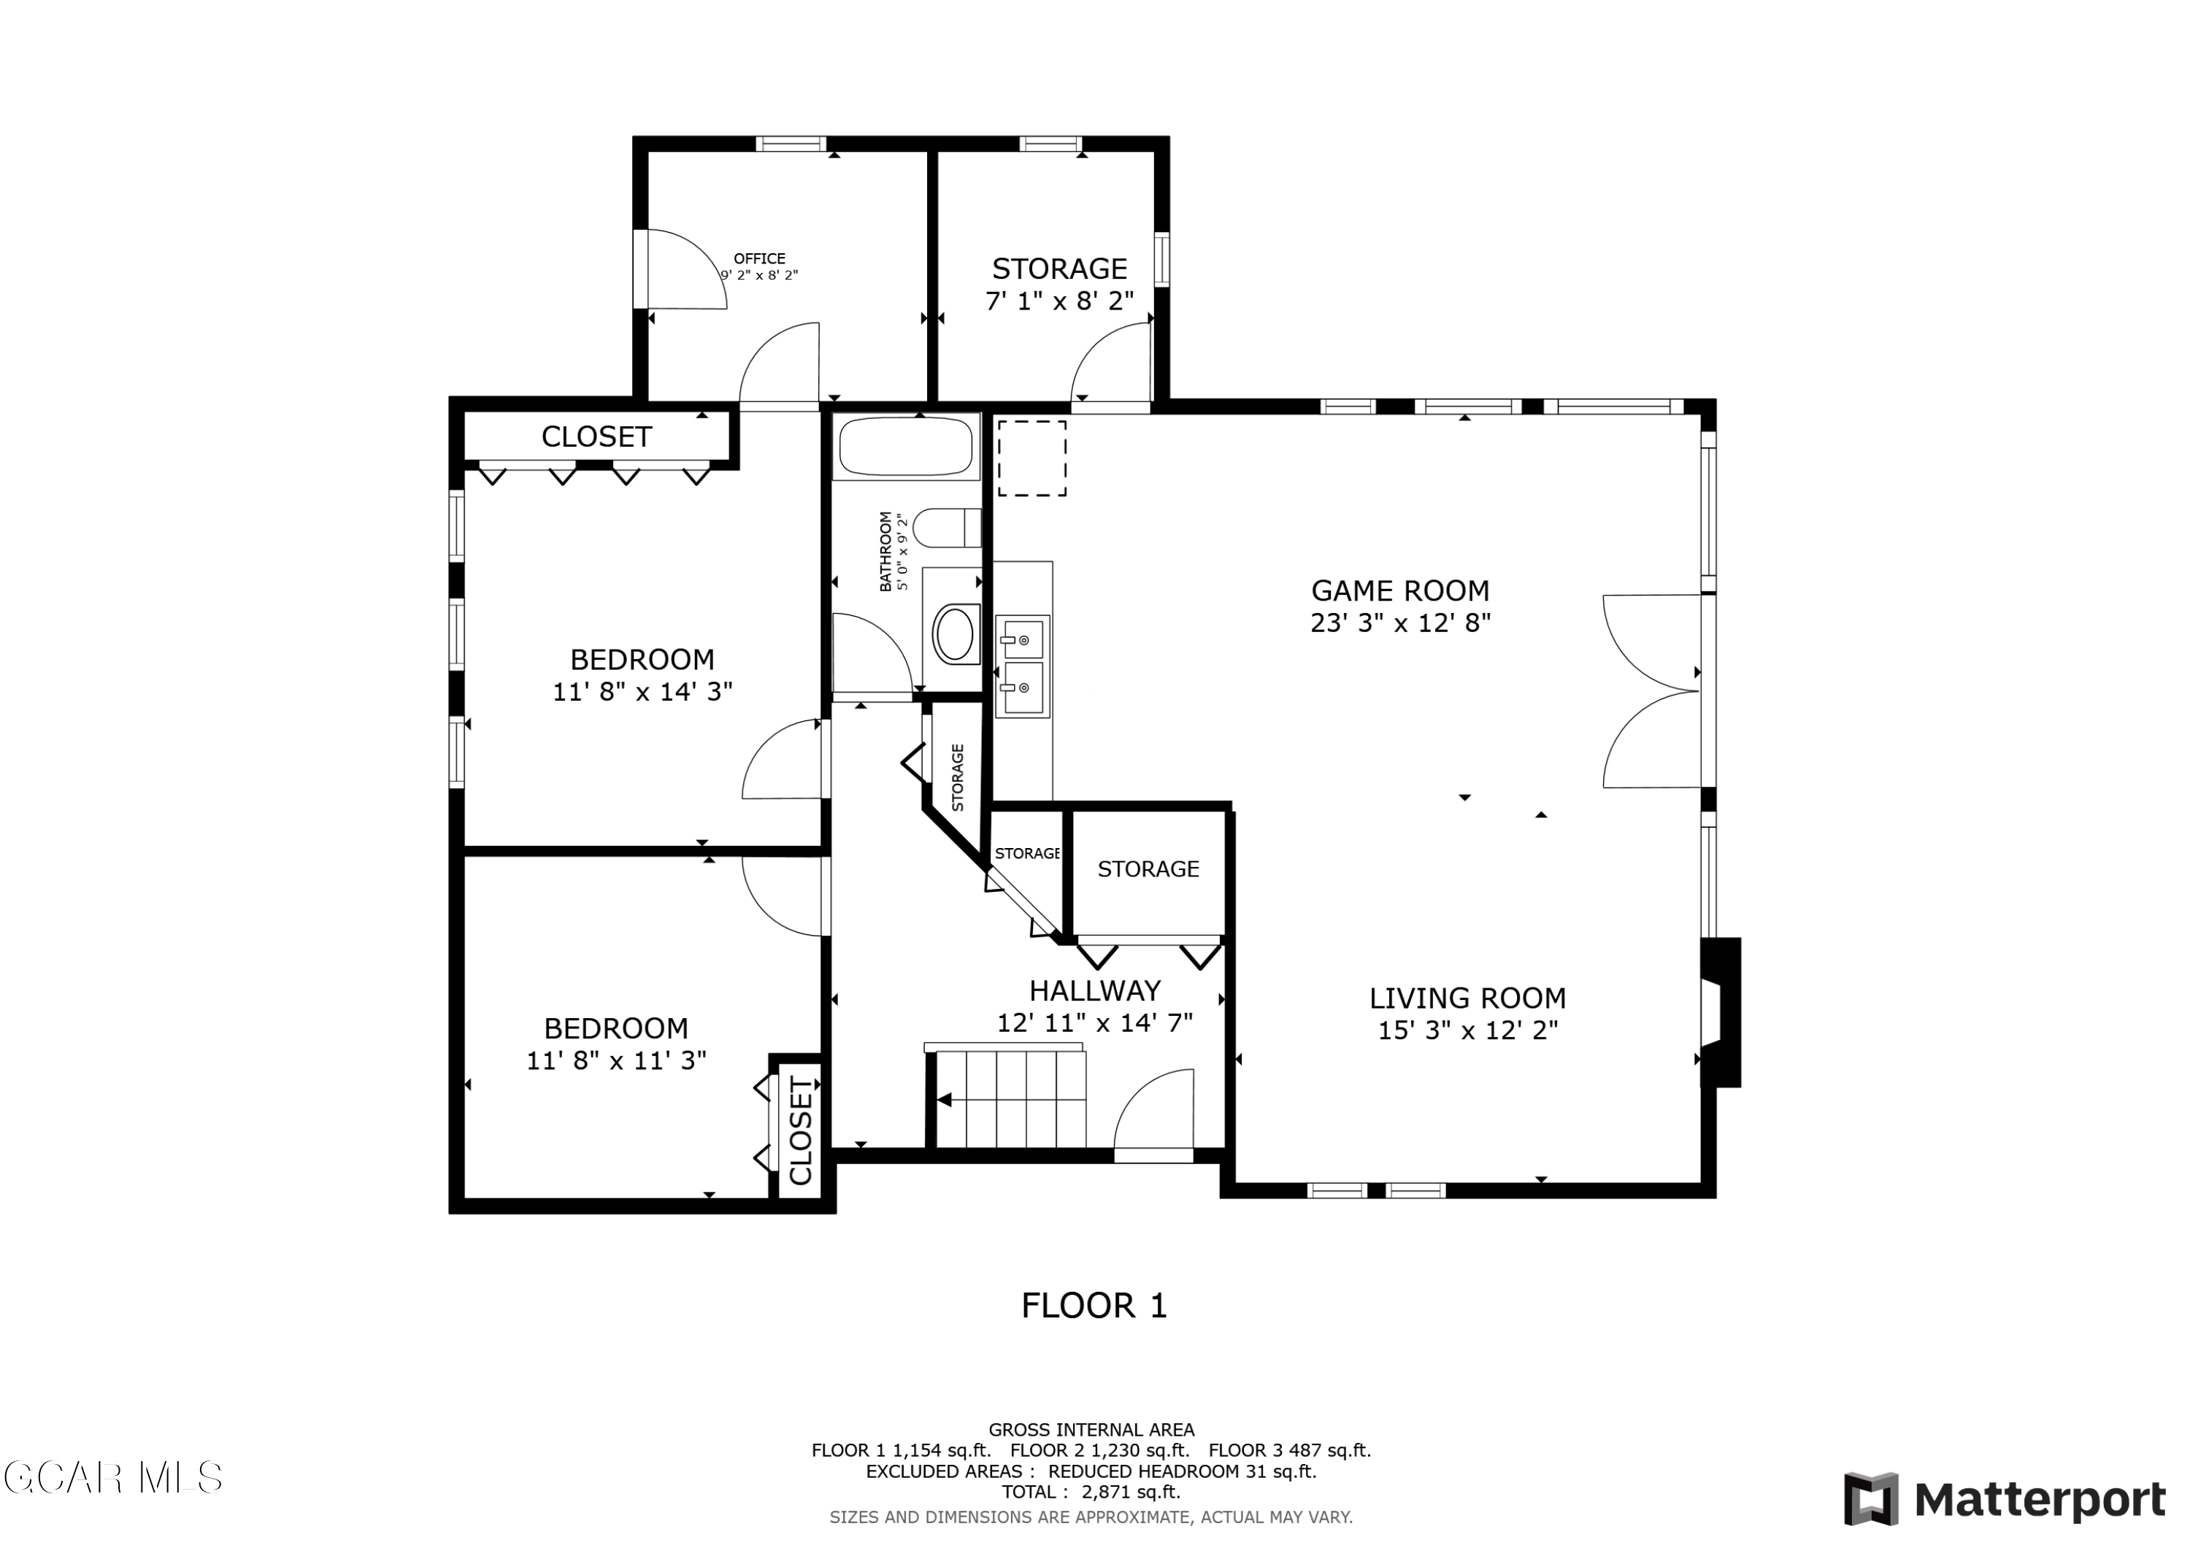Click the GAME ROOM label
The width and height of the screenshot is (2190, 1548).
[1400, 590]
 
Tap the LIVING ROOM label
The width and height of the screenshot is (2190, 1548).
[1468, 998]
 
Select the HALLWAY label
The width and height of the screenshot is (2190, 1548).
[1095, 991]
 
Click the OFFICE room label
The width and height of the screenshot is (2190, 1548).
[759, 258]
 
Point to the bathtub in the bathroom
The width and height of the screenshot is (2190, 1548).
[905, 447]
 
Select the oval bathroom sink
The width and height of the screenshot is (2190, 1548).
[956, 634]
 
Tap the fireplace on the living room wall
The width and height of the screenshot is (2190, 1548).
[1721, 1013]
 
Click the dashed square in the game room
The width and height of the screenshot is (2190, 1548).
[1032, 459]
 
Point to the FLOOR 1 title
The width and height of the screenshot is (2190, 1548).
[1094, 1306]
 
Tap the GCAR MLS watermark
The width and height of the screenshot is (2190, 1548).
[112, 1477]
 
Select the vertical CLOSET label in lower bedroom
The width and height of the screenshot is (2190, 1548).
[800, 1131]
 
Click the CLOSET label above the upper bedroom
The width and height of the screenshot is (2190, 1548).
[596, 437]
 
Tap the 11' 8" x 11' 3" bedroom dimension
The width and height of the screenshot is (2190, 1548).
[617, 1060]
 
